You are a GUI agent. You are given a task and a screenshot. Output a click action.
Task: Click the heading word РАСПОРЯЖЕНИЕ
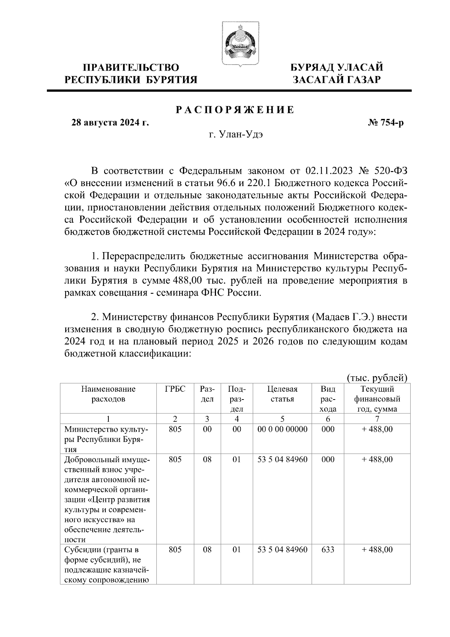(235, 110)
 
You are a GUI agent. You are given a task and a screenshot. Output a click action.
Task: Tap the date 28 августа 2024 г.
(110, 123)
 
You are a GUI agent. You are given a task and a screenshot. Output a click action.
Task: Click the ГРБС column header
(175, 389)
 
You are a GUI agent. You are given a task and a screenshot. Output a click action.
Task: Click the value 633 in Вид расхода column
(328, 550)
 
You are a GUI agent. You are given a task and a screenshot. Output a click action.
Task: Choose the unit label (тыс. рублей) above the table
(377, 377)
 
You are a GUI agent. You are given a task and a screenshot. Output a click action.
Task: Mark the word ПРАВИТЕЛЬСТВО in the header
(131, 68)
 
